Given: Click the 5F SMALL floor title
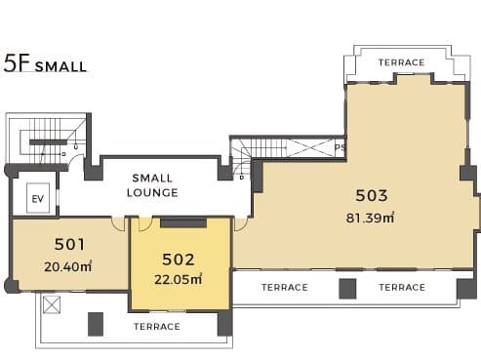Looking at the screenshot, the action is point(45,63).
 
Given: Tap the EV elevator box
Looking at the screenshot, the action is point(38,198).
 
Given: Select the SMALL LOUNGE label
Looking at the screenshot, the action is point(152,185).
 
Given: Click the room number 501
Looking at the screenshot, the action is point(69,244).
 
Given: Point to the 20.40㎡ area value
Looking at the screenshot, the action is point(67,266).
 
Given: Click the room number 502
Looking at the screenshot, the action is point(179,260).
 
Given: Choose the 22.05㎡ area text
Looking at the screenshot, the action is point(178,279).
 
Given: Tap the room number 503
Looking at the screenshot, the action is point(372,195).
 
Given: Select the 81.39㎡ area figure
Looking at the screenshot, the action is point(370,218).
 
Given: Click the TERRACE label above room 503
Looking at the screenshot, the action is point(402,62).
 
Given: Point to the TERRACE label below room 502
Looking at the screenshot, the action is point(157,326).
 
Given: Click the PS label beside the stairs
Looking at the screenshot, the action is point(340,147).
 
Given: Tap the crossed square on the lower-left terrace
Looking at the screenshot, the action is point(52,304).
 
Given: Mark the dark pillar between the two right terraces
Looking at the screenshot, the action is point(347,289).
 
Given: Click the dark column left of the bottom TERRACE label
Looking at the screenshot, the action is point(96,324).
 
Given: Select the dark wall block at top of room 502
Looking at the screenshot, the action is point(183,222).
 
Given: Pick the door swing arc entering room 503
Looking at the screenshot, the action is point(240,224).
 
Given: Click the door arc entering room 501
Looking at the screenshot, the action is point(118,224).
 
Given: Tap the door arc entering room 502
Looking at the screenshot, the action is point(145,224).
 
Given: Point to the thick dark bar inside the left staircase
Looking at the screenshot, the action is point(48,142).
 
